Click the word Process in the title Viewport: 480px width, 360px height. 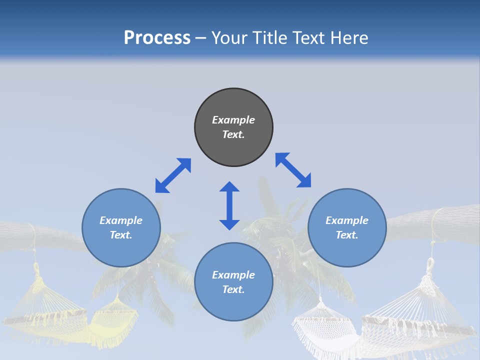(x=157, y=38)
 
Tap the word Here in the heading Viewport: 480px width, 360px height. (x=348, y=38)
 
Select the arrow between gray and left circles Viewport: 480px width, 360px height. (x=173, y=175)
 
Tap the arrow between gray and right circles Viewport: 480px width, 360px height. (x=293, y=170)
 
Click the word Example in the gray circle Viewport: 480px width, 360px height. (x=233, y=120)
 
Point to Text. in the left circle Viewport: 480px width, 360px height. (x=121, y=235)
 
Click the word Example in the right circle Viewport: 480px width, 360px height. (x=347, y=220)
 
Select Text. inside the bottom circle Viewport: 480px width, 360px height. (x=233, y=289)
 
